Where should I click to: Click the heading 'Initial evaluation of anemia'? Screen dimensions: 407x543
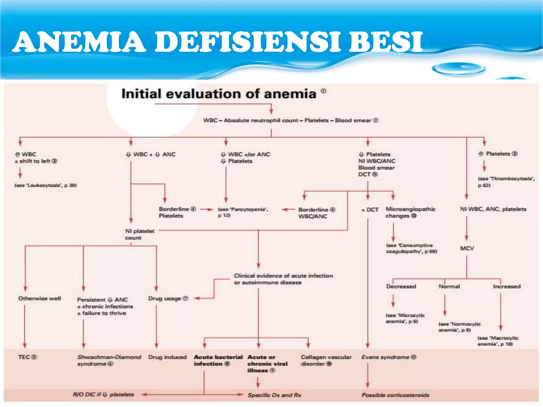(x=219, y=94)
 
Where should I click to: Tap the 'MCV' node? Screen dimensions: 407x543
(x=467, y=248)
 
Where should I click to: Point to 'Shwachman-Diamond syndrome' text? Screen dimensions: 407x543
(x=109, y=360)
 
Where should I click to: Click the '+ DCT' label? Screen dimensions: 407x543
(x=370, y=210)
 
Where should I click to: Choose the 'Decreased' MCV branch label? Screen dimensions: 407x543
(x=401, y=286)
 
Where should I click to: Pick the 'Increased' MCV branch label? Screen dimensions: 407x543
(x=507, y=286)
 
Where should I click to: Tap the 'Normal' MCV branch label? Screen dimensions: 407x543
(x=449, y=286)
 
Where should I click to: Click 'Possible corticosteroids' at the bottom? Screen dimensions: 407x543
(x=395, y=395)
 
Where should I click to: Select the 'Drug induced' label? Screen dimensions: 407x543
(x=167, y=357)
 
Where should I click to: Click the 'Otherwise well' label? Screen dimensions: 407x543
(x=40, y=298)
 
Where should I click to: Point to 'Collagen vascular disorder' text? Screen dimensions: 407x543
(x=326, y=360)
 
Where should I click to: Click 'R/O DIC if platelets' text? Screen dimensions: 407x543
(x=103, y=395)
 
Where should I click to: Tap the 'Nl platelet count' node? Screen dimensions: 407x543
(x=139, y=234)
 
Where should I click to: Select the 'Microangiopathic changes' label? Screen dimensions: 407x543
(x=410, y=212)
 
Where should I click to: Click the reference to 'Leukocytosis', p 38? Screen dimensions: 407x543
(x=46, y=185)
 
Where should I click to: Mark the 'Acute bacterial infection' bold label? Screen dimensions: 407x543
(x=218, y=360)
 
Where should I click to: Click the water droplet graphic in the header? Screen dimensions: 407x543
(x=459, y=69)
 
